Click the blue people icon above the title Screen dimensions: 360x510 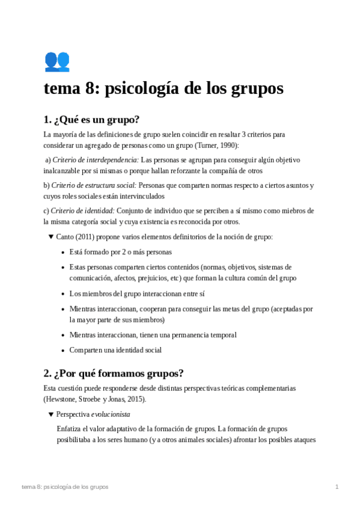click(x=57, y=61)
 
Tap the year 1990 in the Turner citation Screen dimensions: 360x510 click(x=227, y=146)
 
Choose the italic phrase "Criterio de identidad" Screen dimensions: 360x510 click(x=82, y=210)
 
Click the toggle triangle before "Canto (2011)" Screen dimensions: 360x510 click(x=50, y=237)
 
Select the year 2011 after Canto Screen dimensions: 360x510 click(x=85, y=237)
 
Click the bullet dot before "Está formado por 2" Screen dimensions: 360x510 click(x=63, y=253)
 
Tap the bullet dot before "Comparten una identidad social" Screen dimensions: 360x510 click(x=63, y=350)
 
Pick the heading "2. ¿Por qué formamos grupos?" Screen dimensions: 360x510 click(x=114, y=372)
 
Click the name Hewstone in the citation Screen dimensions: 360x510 click(x=62, y=399)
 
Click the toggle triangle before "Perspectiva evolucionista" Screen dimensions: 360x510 click(x=50, y=414)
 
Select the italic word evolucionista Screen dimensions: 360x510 click(x=111, y=414)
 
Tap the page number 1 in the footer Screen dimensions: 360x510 click(x=337, y=486)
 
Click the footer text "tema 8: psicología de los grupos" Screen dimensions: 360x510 click(x=64, y=486)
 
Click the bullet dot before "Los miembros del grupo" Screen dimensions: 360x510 click(x=63, y=293)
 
